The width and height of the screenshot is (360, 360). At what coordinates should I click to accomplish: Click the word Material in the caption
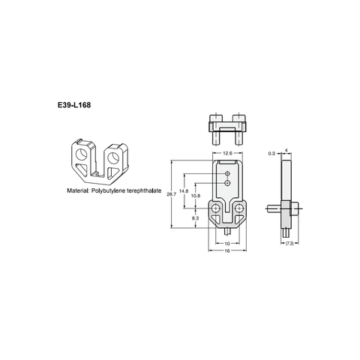[80, 192]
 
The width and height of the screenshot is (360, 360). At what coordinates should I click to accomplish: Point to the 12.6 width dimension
[226, 152]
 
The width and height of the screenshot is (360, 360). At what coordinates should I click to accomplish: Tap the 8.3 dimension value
[196, 217]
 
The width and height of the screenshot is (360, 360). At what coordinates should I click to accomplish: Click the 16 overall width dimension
[226, 250]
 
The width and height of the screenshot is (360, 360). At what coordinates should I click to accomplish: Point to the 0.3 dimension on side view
[271, 152]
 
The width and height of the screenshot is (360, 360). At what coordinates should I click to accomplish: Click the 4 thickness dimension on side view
[287, 150]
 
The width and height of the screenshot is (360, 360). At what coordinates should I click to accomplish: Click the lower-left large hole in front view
[216, 208]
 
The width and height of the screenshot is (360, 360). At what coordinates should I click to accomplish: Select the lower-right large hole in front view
[238, 208]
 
